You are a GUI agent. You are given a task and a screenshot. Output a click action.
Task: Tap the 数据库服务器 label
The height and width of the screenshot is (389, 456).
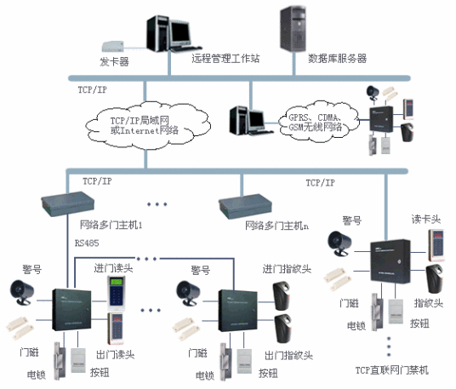[x=337, y=60]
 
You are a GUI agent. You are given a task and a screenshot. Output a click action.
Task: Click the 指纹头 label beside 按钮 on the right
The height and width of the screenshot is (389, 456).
[x=427, y=303]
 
